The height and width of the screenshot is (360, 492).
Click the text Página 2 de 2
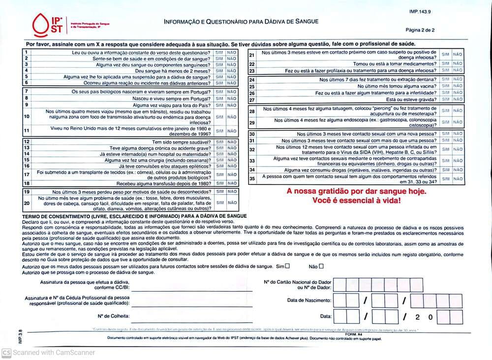click(420, 30)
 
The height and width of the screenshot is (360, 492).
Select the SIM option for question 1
click(219, 53)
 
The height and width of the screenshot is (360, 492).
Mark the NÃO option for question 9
click(232, 105)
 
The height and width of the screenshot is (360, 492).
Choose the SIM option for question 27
click(445, 100)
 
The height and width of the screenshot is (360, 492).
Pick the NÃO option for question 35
click(458, 179)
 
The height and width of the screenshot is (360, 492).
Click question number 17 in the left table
click(27, 175)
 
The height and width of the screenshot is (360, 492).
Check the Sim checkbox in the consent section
click(287, 266)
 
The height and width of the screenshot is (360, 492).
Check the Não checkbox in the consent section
click(321, 266)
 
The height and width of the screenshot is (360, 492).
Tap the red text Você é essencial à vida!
click(357, 201)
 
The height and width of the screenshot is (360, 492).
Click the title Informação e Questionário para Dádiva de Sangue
click(241, 22)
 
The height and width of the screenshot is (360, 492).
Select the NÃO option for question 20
click(232, 203)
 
